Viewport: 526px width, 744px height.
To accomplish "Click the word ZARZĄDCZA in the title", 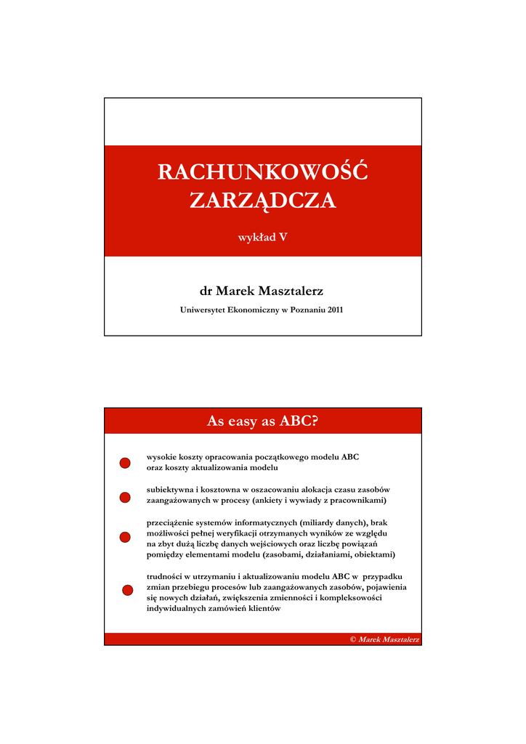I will click(x=262, y=201).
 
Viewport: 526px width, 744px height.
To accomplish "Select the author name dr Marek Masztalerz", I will click(x=262, y=291).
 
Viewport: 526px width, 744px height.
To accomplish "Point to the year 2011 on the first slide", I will click(x=334, y=310).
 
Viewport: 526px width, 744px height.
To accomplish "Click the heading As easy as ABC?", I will click(x=262, y=421).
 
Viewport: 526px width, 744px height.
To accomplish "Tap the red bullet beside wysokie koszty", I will click(x=125, y=463).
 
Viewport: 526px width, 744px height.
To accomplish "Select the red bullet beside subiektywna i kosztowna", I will click(x=125, y=497).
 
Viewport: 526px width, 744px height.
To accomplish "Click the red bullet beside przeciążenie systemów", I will click(x=125, y=537).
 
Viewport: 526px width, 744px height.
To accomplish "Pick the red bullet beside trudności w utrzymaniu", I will click(x=127, y=590).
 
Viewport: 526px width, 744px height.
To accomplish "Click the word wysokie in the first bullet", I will click(x=160, y=458).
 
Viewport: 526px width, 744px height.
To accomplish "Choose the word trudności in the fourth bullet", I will click(x=165, y=576).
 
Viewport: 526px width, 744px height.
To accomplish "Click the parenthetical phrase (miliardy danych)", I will click(x=321, y=522).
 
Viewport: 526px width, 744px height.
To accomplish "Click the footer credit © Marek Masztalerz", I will click(x=384, y=639).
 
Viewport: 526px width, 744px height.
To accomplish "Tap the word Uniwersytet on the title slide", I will click(x=203, y=310).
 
